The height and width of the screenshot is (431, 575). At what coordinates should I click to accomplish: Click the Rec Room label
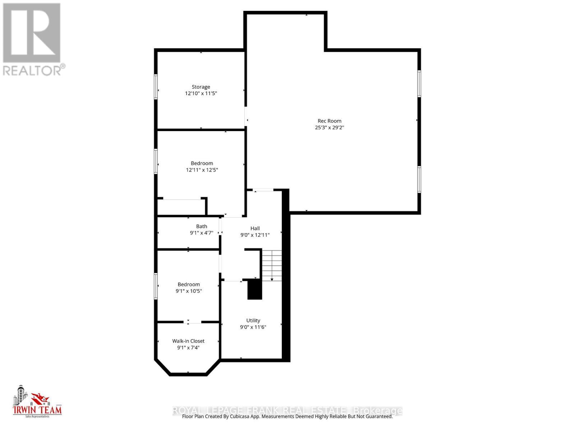[329, 121]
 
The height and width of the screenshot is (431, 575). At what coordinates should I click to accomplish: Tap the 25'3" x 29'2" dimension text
[329, 128]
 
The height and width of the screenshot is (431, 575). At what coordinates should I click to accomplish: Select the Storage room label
[201, 87]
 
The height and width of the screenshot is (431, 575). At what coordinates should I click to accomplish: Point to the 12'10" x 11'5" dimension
[201, 93]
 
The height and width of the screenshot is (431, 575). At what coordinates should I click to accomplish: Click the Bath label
[201, 226]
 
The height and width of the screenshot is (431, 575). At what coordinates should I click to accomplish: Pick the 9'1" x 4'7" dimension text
[201, 233]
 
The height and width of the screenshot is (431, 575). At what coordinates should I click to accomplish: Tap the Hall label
[255, 228]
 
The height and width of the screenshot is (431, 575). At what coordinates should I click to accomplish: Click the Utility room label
[253, 320]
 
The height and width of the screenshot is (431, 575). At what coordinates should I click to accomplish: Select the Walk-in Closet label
[188, 341]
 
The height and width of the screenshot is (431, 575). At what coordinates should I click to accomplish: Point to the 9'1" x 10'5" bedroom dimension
[189, 291]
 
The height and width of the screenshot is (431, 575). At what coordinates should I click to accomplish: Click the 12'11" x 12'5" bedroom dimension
[202, 170]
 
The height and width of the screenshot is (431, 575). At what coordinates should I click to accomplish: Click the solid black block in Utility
[254, 289]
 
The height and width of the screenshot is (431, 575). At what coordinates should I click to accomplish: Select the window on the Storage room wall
[156, 86]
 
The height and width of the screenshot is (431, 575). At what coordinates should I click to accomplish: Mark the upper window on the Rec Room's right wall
[419, 84]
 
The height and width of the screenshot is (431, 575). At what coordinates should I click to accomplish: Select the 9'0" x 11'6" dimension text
[253, 327]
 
